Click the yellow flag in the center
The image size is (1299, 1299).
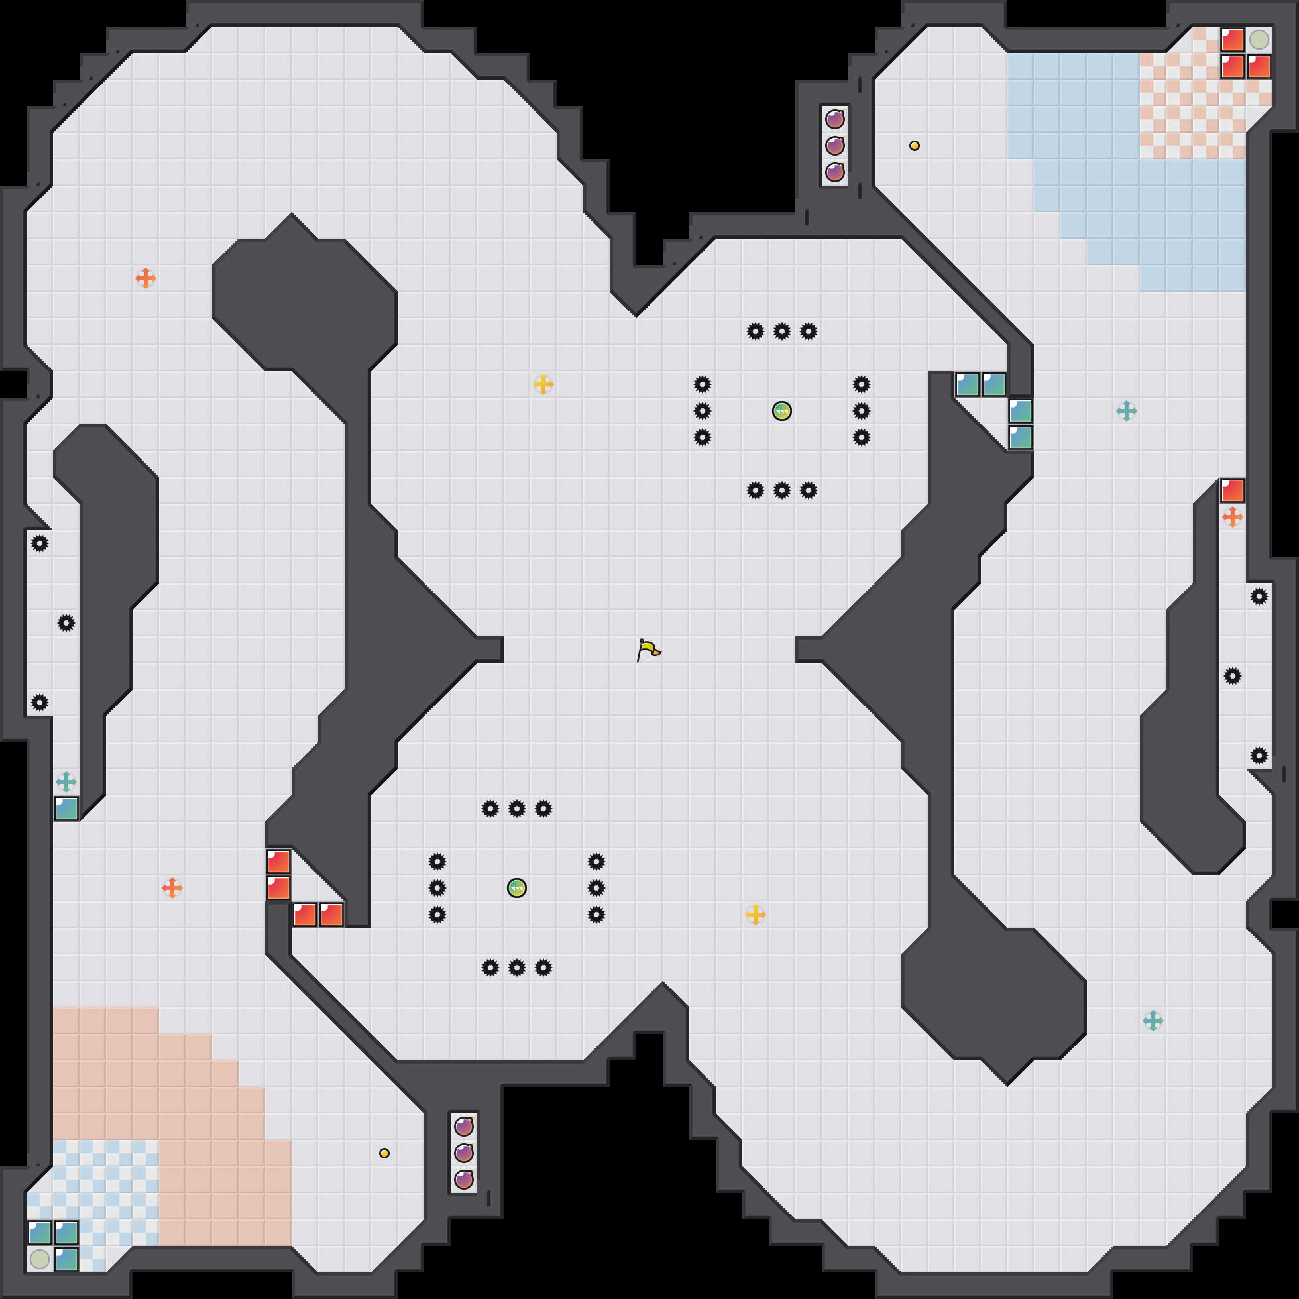(x=648, y=649)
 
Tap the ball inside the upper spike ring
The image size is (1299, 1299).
(x=781, y=411)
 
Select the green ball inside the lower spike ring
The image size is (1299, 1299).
(x=516, y=888)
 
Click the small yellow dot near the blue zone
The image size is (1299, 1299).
(x=915, y=146)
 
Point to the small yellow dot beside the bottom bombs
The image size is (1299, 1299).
(x=384, y=1153)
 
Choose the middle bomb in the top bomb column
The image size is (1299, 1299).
(x=834, y=146)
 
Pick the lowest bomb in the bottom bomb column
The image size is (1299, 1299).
(x=463, y=1179)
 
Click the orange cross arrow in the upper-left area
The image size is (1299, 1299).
(x=145, y=278)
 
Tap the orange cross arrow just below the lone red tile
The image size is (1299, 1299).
(x=1232, y=517)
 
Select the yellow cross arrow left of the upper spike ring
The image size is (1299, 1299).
(x=543, y=384)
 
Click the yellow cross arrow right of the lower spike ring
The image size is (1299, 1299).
(x=755, y=915)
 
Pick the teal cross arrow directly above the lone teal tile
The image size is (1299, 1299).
(x=66, y=782)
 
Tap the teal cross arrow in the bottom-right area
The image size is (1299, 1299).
(x=1153, y=1021)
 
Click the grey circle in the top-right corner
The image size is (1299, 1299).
(x=1259, y=40)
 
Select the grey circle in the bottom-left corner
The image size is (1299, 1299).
(x=40, y=1259)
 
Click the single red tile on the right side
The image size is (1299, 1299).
(x=1232, y=491)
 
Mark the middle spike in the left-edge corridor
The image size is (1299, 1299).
(x=66, y=623)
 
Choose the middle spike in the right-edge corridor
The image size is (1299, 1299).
(x=1232, y=676)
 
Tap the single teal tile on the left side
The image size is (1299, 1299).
(x=66, y=809)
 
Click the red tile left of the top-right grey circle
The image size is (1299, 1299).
(x=1232, y=40)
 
